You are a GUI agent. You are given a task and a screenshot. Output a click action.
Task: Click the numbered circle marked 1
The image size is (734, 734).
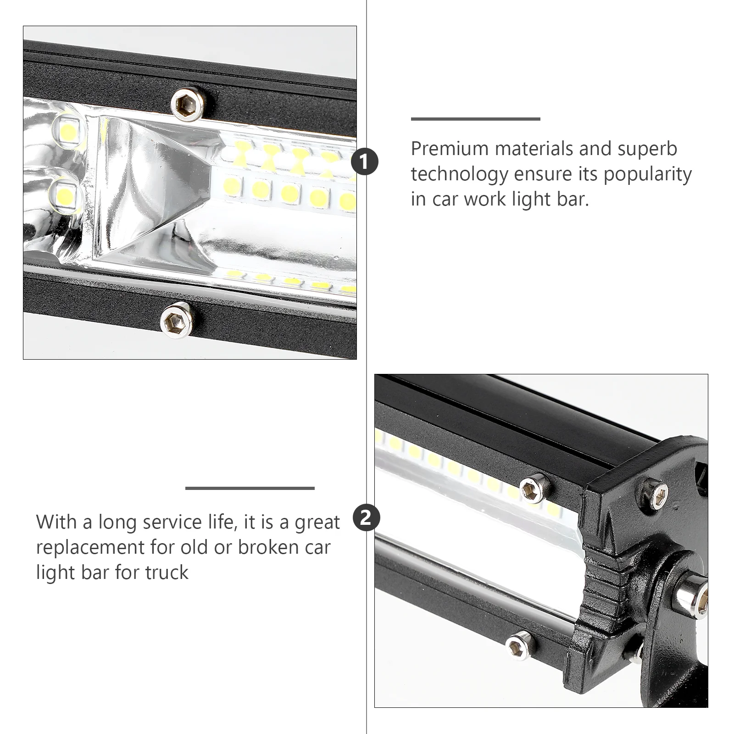point(365,162)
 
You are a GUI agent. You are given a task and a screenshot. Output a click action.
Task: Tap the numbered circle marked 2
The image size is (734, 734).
point(366,518)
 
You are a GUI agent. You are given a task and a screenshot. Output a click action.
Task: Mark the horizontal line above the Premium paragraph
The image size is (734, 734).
point(475,119)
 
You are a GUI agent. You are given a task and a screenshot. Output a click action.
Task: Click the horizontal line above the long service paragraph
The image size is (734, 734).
point(250,488)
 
